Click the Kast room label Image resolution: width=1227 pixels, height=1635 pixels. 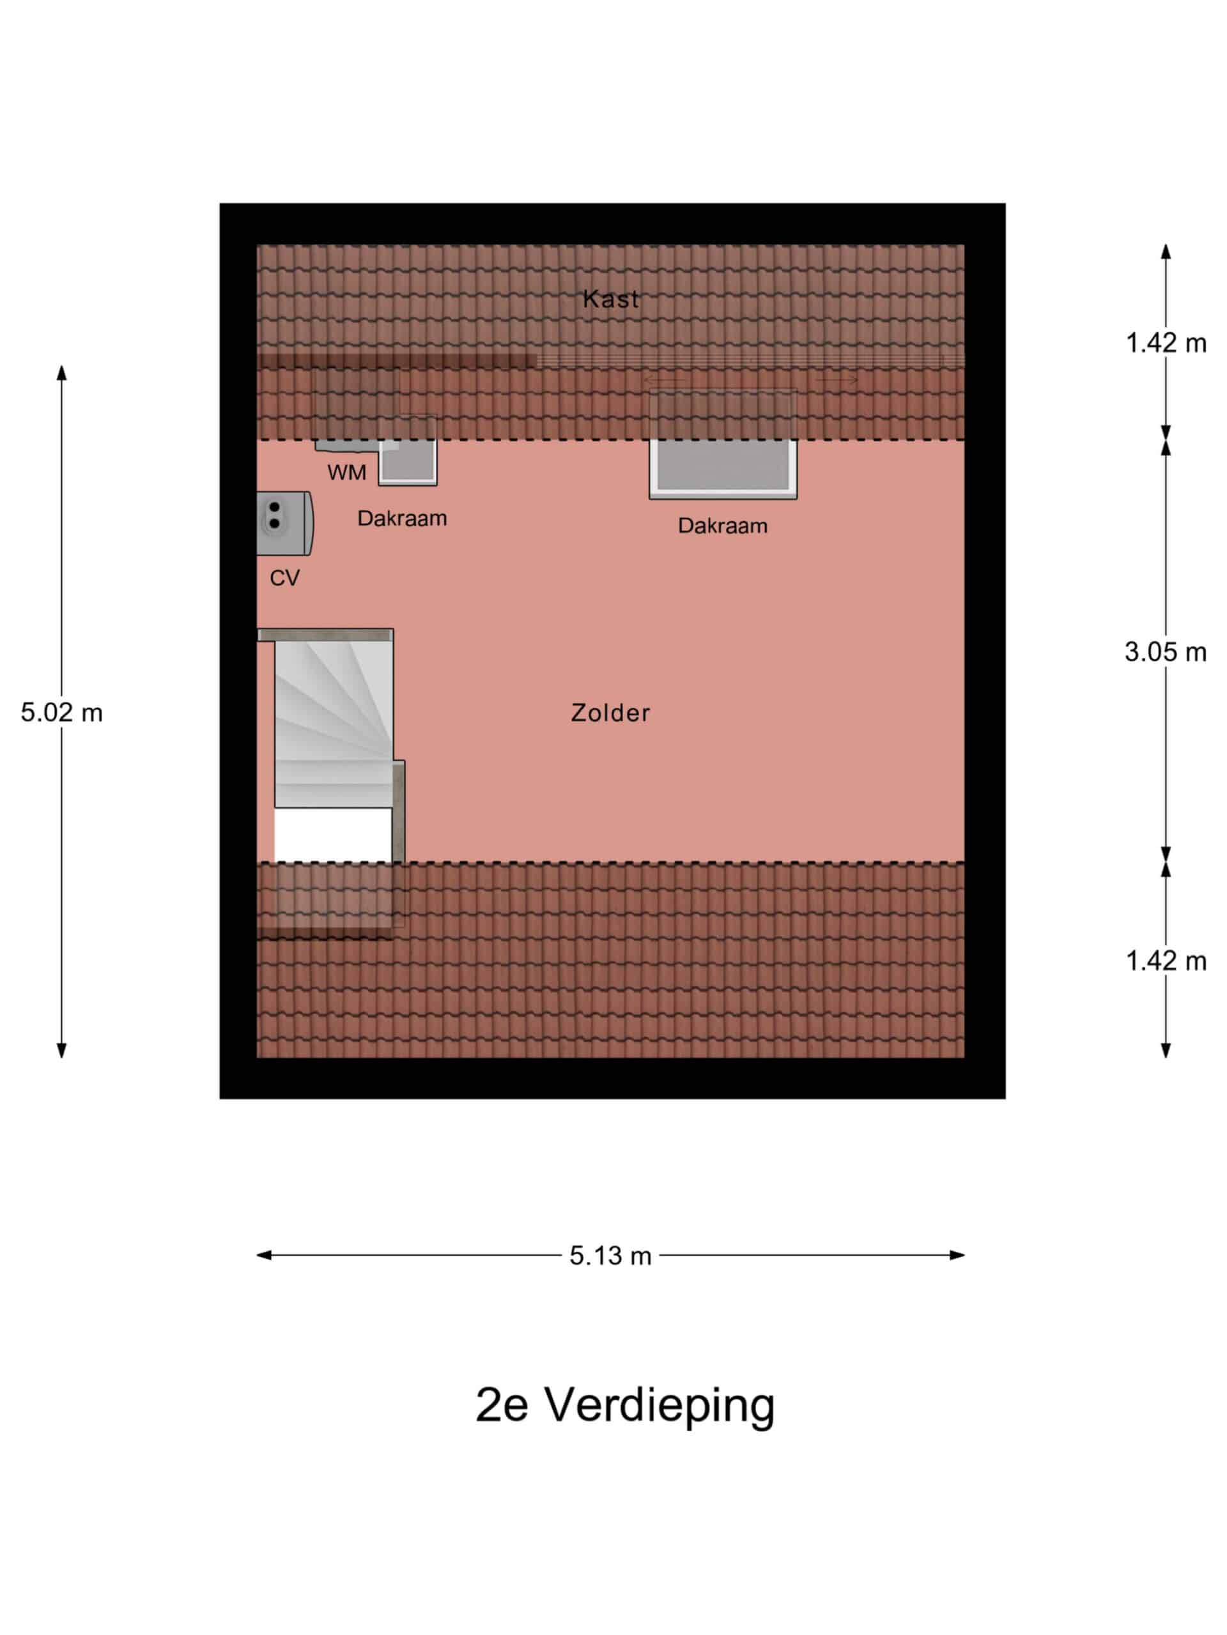click(610, 299)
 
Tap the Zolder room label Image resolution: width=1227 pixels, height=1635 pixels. click(610, 713)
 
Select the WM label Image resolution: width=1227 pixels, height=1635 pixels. click(346, 473)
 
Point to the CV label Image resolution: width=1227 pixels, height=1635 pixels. click(285, 577)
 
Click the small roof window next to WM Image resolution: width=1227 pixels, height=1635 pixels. click(408, 450)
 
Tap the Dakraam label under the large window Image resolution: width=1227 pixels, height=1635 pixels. click(723, 526)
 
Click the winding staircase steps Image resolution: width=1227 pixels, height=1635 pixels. click(333, 724)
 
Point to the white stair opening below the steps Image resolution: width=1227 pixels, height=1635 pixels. click(333, 835)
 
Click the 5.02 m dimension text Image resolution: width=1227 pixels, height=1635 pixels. click(61, 713)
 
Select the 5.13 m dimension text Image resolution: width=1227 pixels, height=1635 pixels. click(610, 1256)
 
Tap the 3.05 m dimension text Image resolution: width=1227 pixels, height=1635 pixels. click(1166, 652)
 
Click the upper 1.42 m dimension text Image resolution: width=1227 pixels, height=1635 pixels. click(1166, 343)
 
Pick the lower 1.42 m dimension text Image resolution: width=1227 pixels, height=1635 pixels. click(1166, 961)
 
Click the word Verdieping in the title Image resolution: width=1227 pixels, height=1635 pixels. click(660, 1406)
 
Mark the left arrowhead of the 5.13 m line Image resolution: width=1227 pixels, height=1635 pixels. click(264, 1255)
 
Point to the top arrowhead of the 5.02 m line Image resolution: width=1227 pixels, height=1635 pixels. click(61, 372)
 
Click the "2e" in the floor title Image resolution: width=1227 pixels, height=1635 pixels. click(502, 1405)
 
